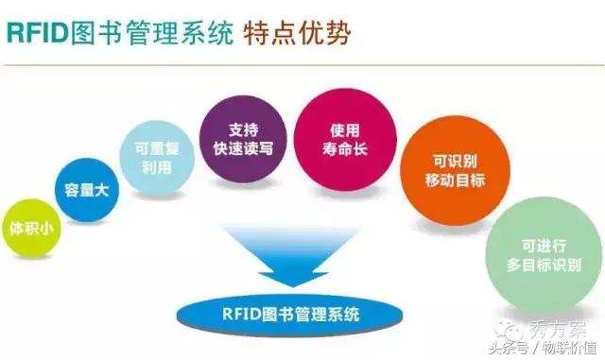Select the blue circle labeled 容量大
[86, 191]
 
